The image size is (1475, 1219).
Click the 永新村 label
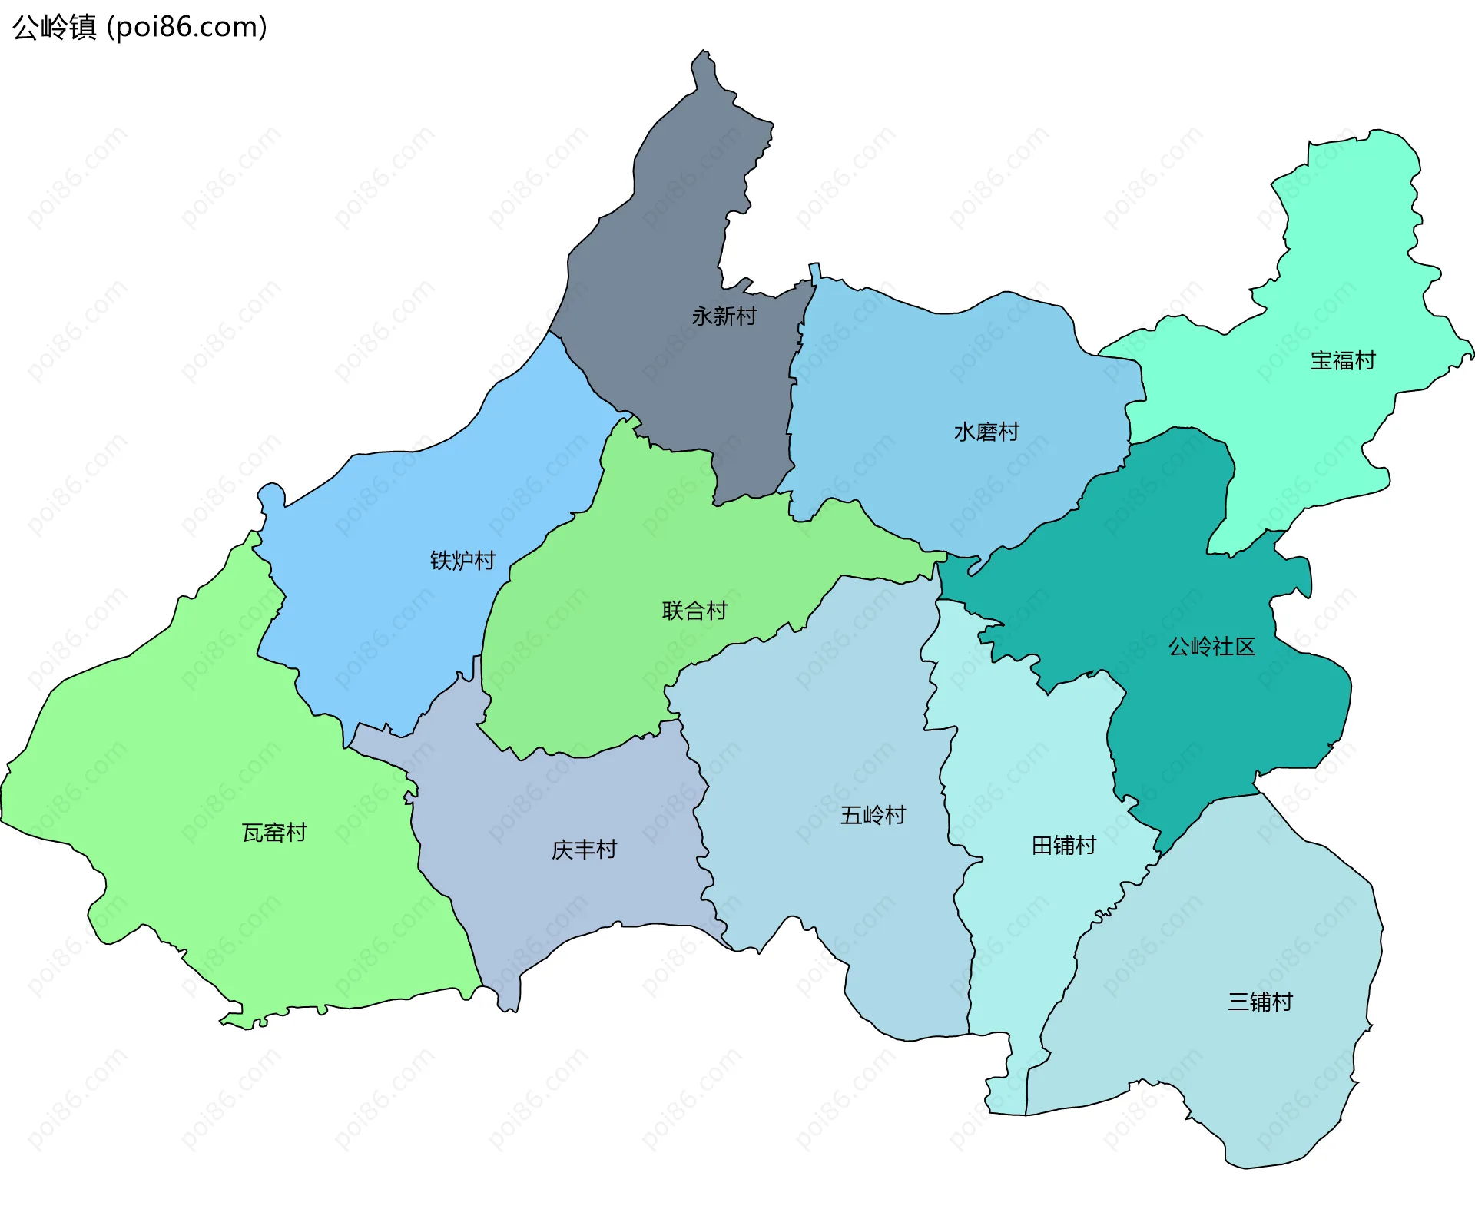(x=724, y=316)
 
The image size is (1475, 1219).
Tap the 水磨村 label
(x=986, y=432)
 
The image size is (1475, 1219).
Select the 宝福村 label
(x=1343, y=360)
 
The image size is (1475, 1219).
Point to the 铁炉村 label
(x=462, y=561)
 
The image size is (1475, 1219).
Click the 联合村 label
(x=694, y=611)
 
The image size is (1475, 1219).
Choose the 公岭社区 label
(x=1211, y=647)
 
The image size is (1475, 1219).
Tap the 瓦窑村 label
(x=274, y=833)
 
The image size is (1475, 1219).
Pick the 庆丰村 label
(x=584, y=850)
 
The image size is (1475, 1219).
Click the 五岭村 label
(x=873, y=815)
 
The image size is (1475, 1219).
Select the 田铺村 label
(x=1063, y=846)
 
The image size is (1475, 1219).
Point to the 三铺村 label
(x=1260, y=1002)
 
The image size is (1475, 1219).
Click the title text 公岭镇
(x=54, y=28)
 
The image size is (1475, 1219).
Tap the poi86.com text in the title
(x=187, y=28)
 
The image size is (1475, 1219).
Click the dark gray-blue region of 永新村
(x=676, y=230)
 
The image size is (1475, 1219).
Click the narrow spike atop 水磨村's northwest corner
(x=815, y=271)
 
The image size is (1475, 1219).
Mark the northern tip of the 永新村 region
(x=702, y=55)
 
